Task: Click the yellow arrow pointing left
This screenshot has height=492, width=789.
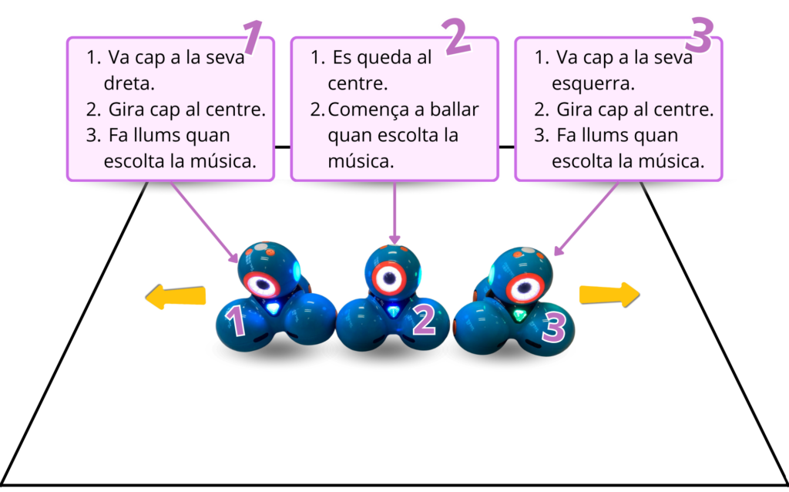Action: tap(176, 297)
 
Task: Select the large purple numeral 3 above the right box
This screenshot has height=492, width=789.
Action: tap(702, 35)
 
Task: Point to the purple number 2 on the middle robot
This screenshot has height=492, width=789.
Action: tap(424, 321)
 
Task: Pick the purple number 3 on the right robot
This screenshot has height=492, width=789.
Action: tap(554, 327)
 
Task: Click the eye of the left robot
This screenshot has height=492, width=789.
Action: tap(264, 284)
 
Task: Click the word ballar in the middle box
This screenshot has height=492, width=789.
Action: tap(455, 110)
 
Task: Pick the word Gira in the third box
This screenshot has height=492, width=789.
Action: tap(573, 110)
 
